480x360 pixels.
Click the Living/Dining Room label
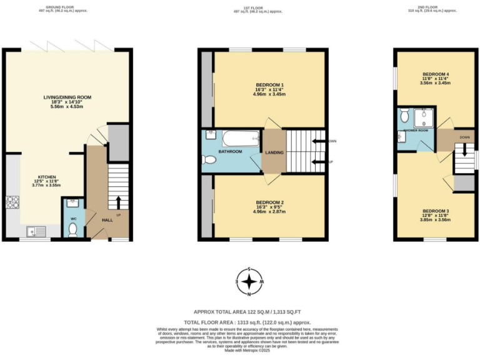[67, 97]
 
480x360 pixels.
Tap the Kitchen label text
[47, 177]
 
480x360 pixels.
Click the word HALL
[107, 220]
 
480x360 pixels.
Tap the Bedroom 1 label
[270, 85]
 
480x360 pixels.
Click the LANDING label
[274, 152]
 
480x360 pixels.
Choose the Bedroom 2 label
[270, 202]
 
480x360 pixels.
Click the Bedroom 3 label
[435, 211]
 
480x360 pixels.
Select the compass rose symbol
[249, 282]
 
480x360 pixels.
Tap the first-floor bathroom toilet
[209, 161]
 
